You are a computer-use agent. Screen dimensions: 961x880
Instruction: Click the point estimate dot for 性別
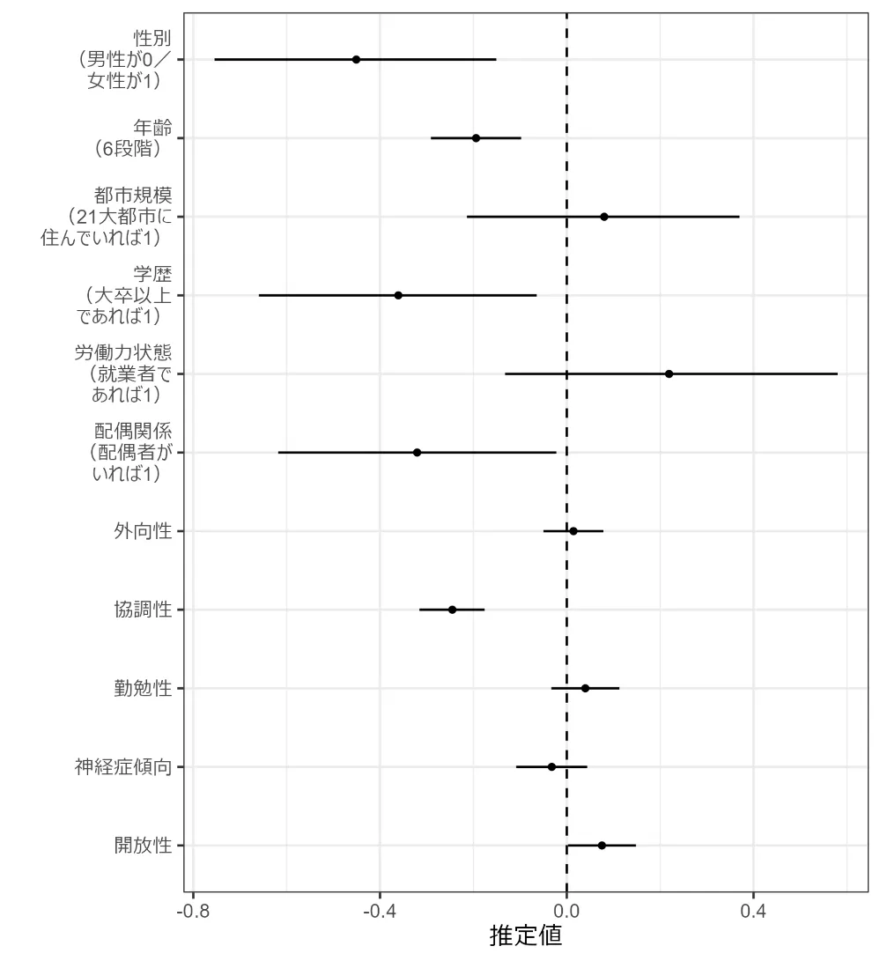[356, 59]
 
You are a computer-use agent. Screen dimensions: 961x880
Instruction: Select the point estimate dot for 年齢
[476, 138]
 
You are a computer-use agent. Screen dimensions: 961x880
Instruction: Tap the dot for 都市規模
[604, 217]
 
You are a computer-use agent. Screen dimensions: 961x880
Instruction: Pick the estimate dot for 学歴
[398, 295]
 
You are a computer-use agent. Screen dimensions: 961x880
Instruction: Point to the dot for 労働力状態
[669, 373]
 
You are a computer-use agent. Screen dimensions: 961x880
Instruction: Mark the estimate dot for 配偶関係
[417, 453]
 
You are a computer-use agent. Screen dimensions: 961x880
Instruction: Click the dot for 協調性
[452, 610]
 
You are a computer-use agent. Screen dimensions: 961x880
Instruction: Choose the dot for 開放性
[602, 846]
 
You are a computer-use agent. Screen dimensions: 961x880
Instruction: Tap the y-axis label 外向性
[142, 531]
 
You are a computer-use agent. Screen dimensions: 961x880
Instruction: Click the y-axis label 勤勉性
[142, 688]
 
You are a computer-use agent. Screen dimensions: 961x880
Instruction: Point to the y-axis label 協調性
[142, 610]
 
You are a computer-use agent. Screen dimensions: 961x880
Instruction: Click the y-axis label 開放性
[142, 846]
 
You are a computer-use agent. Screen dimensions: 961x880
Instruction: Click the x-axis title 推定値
[526, 935]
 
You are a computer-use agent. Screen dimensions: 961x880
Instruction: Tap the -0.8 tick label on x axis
[193, 908]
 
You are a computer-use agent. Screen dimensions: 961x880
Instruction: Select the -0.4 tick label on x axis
[380, 908]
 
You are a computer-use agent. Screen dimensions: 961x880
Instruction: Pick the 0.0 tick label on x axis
[566, 908]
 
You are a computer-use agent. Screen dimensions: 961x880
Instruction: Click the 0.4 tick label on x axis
[753, 908]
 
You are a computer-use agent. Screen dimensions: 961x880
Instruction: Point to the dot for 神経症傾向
[551, 767]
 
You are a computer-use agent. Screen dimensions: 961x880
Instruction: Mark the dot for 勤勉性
[585, 688]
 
